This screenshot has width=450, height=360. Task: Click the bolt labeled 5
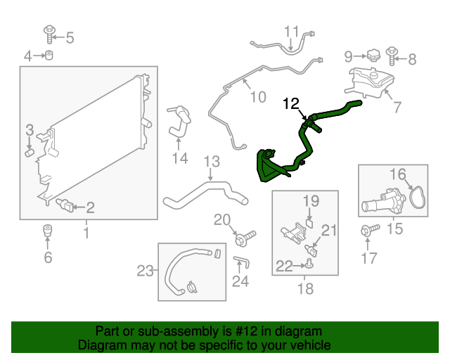tap(49, 34)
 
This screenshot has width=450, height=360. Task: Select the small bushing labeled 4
tap(49, 55)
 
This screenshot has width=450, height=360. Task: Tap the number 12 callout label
tap(291, 103)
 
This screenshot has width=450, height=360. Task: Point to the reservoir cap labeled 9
tap(373, 55)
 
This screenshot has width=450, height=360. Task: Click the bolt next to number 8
tap(392, 56)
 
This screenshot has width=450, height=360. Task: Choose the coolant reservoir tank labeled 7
tap(369, 82)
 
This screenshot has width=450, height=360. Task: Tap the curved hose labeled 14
tap(179, 122)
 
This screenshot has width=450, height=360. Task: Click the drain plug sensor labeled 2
tap(65, 205)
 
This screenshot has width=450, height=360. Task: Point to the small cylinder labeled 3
tap(30, 153)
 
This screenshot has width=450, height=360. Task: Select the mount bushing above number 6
tap(48, 231)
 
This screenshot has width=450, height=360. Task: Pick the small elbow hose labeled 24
tap(242, 262)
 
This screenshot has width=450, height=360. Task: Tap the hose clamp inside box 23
tap(191, 288)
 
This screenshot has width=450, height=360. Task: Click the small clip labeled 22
tap(309, 264)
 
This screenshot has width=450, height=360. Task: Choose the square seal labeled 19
tap(309, 223)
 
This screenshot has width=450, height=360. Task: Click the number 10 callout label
tap(258, 97)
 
